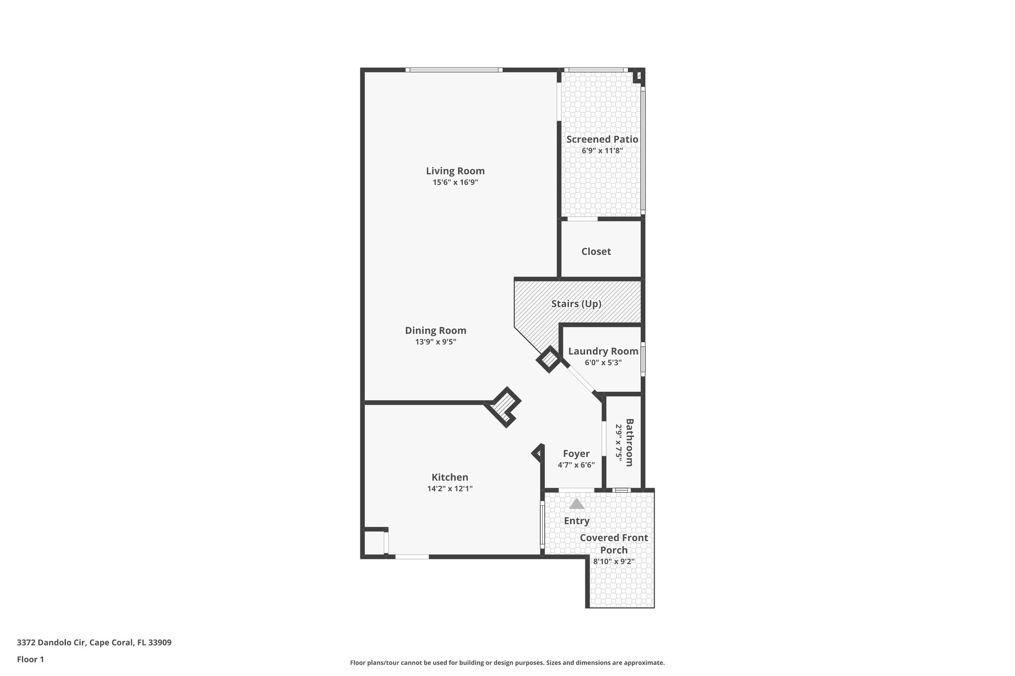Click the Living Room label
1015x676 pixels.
click(x=455, y=171)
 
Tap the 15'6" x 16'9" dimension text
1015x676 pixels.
click(x=455, y=182)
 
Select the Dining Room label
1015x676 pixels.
click(x=435, y=330)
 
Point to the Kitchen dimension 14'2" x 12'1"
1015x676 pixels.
click(x=450, y=489)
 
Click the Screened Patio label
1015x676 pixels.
click(x=602, y=139)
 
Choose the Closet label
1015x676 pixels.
click(x=596, y=252)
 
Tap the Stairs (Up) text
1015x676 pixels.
click(x=576, y=304)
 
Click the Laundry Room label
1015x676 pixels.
click(x=603, y=351)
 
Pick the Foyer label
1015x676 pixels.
click(x=576, y=454)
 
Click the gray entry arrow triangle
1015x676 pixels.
click(x=576, y=504)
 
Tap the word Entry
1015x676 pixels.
click(x=576, y=521)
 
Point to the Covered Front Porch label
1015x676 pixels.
click(x=614, y=544)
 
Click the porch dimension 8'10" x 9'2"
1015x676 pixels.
click(x=614, y=562)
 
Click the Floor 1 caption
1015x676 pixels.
click(x=30, y=659)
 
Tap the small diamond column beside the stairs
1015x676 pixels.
click(x=549, y=360)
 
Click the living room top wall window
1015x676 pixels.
click(x=453, y=70)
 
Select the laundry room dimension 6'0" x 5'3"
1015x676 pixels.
click(x=603, y=363)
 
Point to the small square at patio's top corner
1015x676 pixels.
click(x=638, y=76)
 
